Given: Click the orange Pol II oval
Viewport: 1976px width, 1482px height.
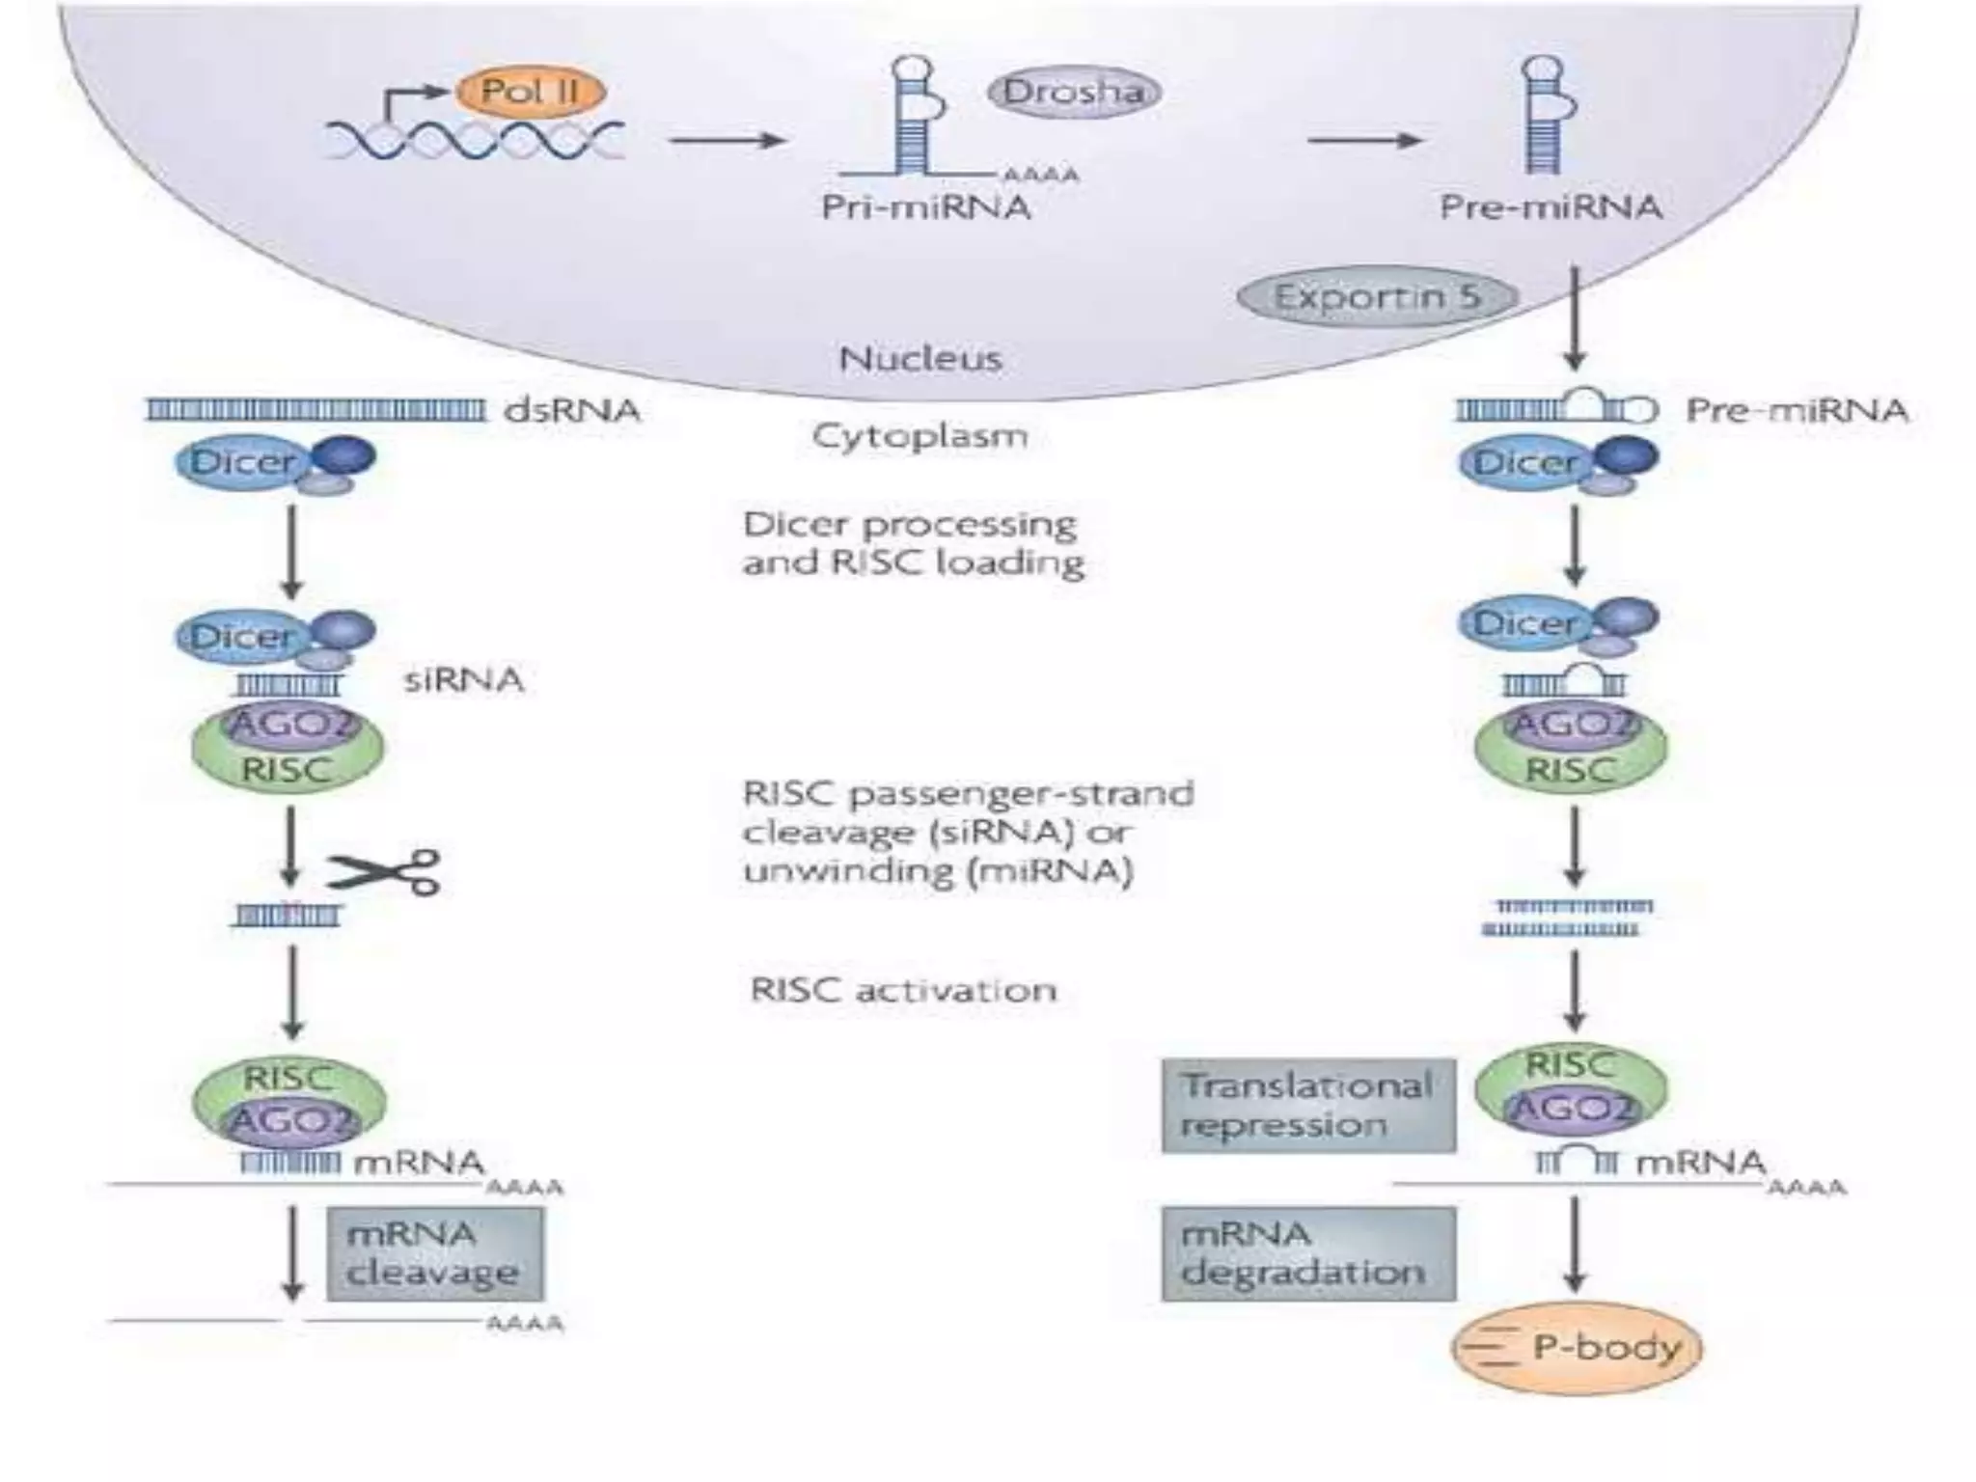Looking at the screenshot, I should tap(530, 93).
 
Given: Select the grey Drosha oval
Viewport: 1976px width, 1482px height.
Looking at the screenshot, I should tap(1074, 93).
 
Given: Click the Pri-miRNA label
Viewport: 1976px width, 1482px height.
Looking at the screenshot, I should tap(925, 207).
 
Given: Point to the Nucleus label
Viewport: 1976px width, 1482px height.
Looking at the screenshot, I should tap(920, 359).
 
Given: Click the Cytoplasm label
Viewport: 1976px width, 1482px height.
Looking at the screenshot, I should tap(919, 436).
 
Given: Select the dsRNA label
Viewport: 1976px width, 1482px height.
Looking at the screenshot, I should tap(571, 411).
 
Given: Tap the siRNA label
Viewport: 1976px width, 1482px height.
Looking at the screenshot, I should tap(463, 680).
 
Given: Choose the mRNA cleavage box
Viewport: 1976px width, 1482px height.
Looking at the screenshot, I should tap(433, 1253).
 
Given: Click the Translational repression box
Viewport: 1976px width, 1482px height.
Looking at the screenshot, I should tap(1307, 1106).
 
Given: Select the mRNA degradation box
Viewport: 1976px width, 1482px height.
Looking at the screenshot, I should tap(1307, 1253).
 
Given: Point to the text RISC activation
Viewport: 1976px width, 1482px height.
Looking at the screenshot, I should tap(903, 991).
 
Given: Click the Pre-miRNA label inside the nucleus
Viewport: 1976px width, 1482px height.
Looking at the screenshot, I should tap(1551, 207).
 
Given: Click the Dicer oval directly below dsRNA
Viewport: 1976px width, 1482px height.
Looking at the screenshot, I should tap(241, 462).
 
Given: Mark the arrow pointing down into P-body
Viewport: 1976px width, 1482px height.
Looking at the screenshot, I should tap(1575, 1245).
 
